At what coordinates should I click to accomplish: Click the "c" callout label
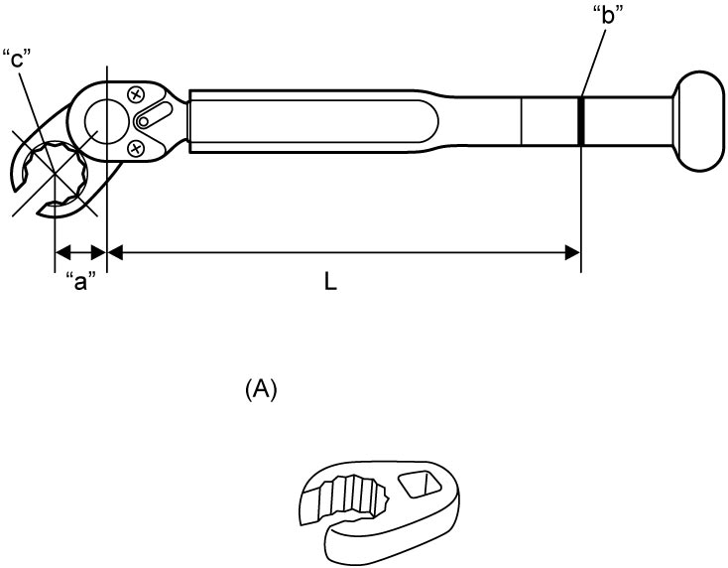point(16,60)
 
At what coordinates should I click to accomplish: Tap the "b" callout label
point(608,15)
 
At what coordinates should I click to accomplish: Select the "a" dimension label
point(80,281)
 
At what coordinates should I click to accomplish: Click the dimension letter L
point(330,281)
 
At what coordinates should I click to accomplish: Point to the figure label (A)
point(261,389)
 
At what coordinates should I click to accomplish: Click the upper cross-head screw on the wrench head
point(136,95)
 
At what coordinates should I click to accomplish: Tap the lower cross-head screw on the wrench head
point(136,149)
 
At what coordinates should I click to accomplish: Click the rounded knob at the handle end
point(699,121)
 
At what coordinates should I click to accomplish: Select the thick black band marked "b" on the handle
point(580,121)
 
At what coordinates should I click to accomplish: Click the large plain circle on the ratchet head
point(107,121)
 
